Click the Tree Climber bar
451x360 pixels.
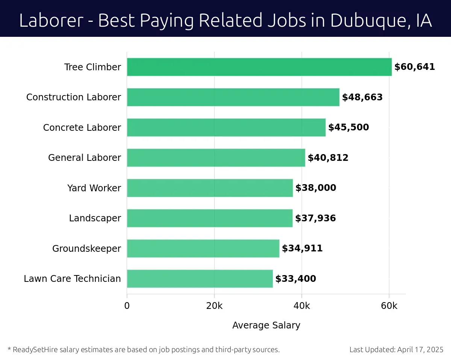pos(259,67)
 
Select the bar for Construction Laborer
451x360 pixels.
pos(233,97)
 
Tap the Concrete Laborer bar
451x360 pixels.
pos(226,127)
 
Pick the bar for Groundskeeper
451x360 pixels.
pos(203,248)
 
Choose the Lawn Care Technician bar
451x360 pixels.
pos(200,278)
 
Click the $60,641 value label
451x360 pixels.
pos(415,67)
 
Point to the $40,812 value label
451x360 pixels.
pos(328,158)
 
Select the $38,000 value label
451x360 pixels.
pos(316,188)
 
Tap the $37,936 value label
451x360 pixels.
pos(315,218)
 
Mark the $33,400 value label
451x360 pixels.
pos(296,279)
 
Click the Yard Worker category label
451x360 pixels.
pos(94,188)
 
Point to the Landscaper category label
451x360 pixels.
pos(95,218)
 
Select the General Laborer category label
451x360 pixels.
pos(85,158)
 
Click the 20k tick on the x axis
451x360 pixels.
pos(214,306)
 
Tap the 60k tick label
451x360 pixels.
pos(389,306)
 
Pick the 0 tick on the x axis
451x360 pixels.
pos(127,306)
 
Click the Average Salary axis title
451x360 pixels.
pos(266,325)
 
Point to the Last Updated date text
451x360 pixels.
pos(397,349)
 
